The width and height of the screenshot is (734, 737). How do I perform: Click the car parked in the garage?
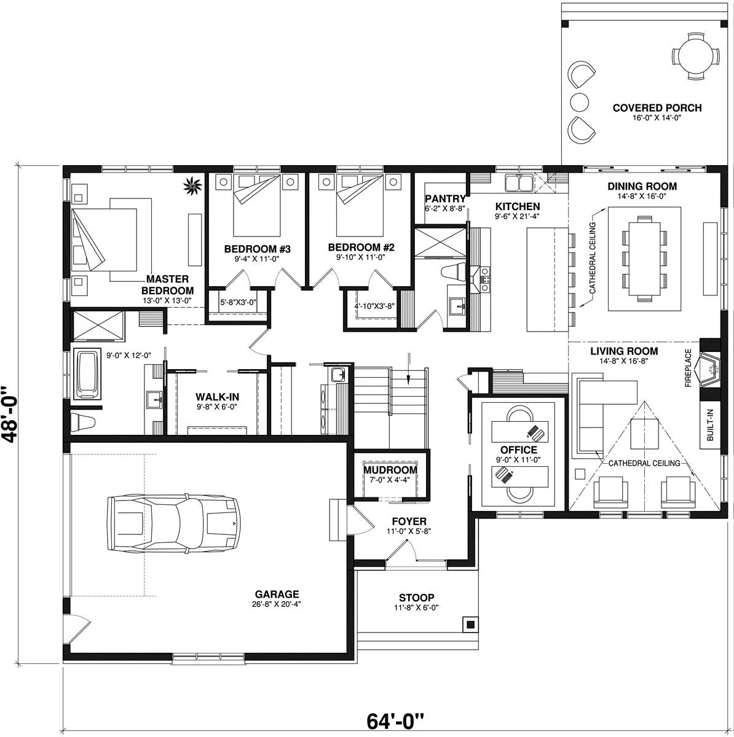tap(174, 523)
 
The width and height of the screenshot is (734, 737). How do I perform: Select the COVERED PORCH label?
tap(657, 108)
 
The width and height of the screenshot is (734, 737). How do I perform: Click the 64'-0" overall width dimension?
tap(395, 721)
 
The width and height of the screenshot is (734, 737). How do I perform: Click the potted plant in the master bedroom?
tap(192, 186)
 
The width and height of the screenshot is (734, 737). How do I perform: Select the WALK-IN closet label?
tap(217, 397)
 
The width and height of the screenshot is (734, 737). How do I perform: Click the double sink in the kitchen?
tap(519, 182)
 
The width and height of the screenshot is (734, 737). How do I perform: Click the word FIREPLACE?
tap(688, 367)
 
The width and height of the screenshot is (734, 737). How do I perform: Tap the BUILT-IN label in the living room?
tap(710, 424)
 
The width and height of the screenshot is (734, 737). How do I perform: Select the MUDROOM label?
tap(390, 470)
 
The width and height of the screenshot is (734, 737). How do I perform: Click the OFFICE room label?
tap(518, 450)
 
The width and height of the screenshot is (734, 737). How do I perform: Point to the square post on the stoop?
tap(471, 625)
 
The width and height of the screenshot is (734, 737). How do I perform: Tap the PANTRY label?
tap(445, 198)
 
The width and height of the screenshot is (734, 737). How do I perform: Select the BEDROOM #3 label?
tap(258, 249)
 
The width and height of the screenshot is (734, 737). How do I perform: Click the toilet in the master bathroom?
tap(82, 422)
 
